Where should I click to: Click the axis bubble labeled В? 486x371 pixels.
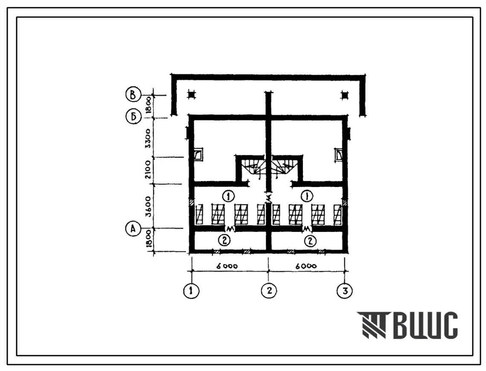(x=133, y=94)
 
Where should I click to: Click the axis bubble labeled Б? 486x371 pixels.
(x=133, y=117)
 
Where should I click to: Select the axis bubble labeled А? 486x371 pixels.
(x=133, y=229)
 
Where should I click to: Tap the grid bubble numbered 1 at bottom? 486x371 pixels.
(x=191, y=291)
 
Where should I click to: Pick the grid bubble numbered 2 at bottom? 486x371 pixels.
(x=268, y=291)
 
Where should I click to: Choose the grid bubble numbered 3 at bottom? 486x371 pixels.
(x=345, y=291)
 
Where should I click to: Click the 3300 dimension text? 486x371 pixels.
(x=148, y=138)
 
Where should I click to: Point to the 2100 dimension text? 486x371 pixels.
(x=148, y=169)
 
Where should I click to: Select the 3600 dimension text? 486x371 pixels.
(x=148, y=206)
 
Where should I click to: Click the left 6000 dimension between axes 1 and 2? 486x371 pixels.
(x=227, y=266)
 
